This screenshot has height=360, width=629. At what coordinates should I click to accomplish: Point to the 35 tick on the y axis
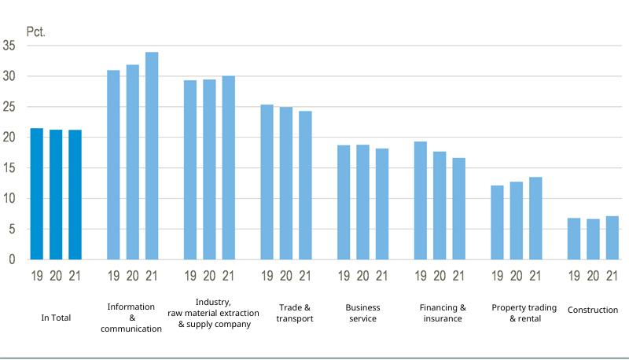(9, 46)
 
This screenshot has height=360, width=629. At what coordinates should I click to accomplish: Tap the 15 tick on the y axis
(9, 168)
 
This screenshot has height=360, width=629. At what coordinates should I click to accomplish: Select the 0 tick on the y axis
(13, 259)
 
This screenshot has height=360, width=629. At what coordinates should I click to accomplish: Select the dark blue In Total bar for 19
(37, 193)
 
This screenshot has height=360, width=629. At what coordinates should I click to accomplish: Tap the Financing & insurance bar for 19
(421, 200)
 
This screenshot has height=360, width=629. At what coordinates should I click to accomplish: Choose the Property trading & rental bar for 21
(535, 218)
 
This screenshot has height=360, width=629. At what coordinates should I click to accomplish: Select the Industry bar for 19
(190, 170)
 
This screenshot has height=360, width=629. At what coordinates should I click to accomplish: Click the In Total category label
(56, 318)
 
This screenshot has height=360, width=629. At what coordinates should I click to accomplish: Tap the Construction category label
(593, 310)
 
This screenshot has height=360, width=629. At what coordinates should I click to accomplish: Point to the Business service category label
(362, 313)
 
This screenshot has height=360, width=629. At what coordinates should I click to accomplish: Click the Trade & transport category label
(296, 313)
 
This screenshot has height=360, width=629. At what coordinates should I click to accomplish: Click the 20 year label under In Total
(56, 276)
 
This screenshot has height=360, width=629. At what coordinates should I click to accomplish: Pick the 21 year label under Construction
(612, 276)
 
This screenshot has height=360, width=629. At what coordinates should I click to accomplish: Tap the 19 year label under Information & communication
(113, 276)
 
